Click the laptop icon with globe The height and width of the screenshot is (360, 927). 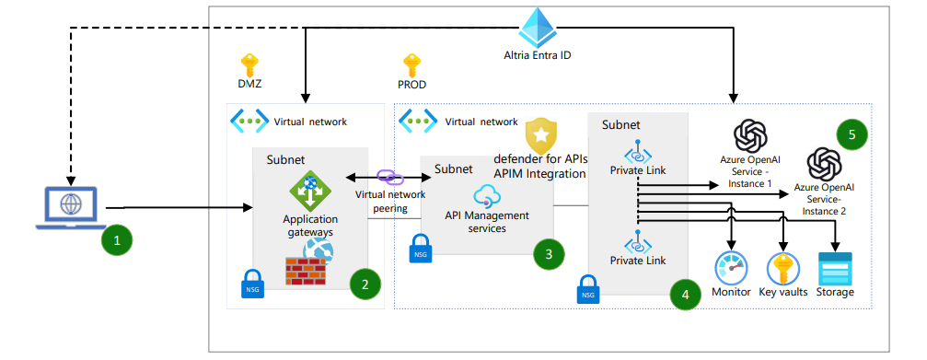tap(69, 207)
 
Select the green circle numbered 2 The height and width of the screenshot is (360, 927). tap(365, 284)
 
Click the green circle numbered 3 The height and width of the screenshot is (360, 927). tap(549, 254)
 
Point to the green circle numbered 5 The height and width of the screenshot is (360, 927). tap(852, 134)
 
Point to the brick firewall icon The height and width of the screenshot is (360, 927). tap(305, 271)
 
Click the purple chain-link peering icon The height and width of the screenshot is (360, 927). tap(385, 177)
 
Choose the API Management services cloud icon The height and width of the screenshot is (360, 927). tap(486, 195)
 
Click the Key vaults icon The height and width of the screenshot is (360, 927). tap(783, 268)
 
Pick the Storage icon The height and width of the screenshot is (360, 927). tap(834, 268)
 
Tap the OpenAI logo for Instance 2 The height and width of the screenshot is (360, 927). tap(822, 166)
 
